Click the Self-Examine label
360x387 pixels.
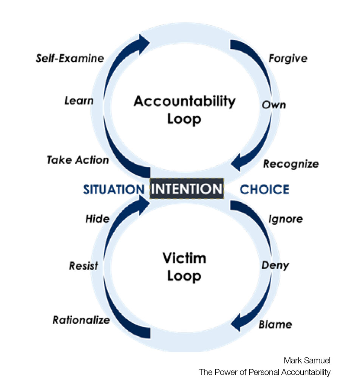pos(70,58)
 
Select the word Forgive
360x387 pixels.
pos(287,58)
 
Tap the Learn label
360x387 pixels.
pos(79,101)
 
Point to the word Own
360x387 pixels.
pos(274,104)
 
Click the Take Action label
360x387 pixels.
pos(78,160)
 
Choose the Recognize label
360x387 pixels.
pos(290,164)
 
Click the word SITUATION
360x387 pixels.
pos(114,189)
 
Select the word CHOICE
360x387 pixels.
pos(264,189)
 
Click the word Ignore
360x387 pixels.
pos(285,219)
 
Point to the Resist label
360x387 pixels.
pos(83,266)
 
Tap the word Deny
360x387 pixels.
pos(275,265)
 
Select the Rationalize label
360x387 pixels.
pos(81,320)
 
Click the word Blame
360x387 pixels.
pos(275,324)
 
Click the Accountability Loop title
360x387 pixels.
pos(184,110)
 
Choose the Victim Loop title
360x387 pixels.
pos(184,267)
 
